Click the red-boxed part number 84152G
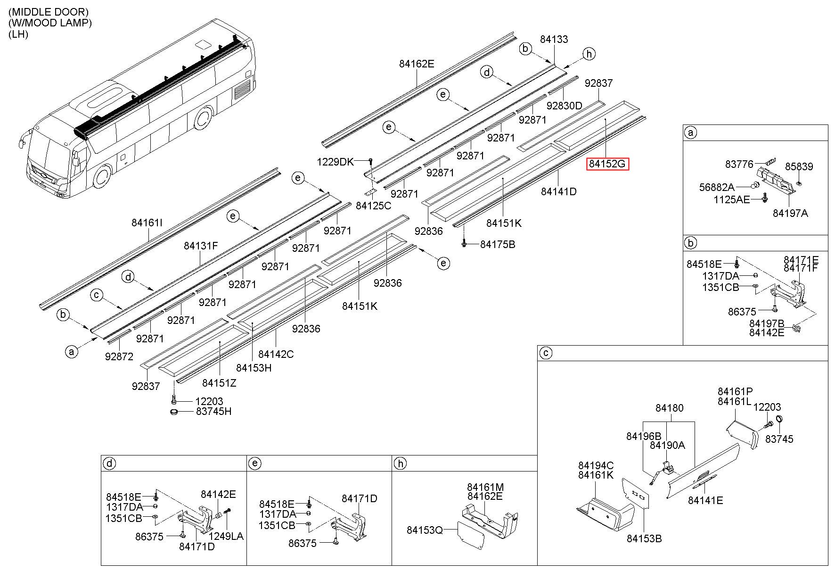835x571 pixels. [608, 164]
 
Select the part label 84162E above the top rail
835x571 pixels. [417, 64]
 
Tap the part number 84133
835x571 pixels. [554, 40]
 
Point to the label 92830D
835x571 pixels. [565, 106]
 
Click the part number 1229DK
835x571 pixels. [335, 162]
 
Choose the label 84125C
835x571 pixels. [373, 206]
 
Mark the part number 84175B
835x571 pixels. [498, 244]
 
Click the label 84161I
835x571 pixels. [147, 223]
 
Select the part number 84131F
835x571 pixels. [201, 246]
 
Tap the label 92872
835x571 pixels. [119, 356]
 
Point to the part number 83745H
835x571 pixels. [214, 412]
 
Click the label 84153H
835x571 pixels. [254, 368]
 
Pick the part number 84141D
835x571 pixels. [559, 191]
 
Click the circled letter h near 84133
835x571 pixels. [589, 54]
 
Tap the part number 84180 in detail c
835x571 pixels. [669, 408]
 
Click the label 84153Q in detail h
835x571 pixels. [425, 530]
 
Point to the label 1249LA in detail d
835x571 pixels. [226, 536]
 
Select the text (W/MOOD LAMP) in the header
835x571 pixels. [50, 23]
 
